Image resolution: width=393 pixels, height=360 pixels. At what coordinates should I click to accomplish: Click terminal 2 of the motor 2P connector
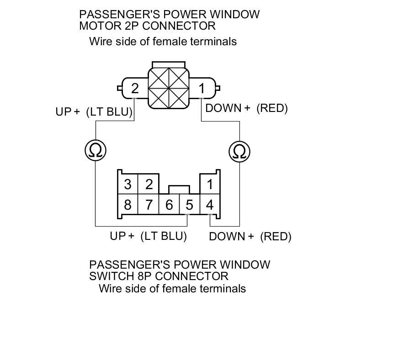point(134,88)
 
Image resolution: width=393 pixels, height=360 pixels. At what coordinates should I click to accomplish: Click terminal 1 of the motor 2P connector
point(202,88)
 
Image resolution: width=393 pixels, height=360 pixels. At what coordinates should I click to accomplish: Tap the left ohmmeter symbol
point(96,150)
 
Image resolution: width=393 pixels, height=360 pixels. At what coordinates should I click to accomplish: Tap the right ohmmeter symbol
point(239,150)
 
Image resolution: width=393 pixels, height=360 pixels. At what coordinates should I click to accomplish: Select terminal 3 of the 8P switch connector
point(127,185)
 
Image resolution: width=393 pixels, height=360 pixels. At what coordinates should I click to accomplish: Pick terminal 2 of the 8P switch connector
point(149,185)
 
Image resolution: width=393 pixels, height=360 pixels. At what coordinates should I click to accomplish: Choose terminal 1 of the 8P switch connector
point(210,185)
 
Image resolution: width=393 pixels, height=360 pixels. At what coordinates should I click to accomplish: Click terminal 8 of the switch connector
point(127,205)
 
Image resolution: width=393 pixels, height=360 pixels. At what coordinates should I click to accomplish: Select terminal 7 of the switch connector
point(149,205)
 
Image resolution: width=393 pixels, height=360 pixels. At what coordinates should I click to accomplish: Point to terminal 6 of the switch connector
point(169,205)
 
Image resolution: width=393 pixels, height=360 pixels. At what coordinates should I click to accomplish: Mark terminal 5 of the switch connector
point(189,205)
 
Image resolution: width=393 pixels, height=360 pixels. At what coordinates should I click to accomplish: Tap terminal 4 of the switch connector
point(210,205)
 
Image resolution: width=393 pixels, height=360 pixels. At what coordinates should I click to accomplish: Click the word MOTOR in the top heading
point(97,25)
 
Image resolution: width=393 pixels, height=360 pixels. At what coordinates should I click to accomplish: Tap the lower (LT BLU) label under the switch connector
point(164,236)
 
